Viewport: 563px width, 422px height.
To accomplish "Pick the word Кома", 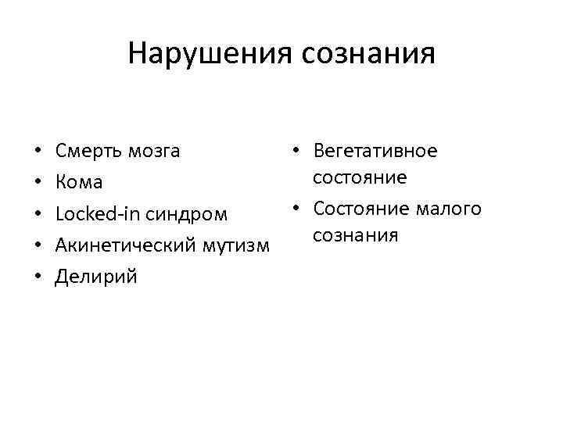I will click(79, 183).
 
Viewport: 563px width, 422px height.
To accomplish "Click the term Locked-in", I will click(95, 214).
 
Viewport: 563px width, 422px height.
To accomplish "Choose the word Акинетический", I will click(125, 246).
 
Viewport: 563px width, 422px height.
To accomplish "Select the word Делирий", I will click(95, 277).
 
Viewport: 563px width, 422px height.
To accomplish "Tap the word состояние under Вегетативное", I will click(359, 177).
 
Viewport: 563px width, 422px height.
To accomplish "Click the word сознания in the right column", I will click(356, 234).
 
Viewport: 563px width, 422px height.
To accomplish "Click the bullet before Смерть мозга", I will click(38, 152).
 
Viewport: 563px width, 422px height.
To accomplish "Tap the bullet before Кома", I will click(38, 183).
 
